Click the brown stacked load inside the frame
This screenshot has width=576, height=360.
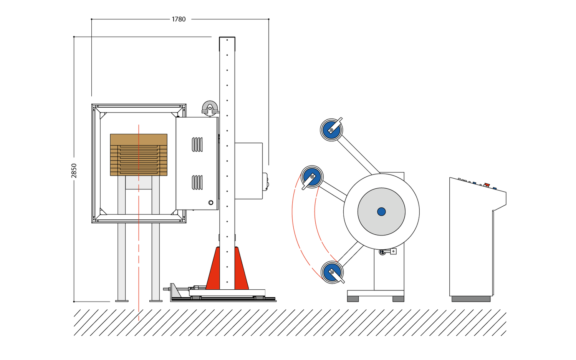click(x=139, y=154)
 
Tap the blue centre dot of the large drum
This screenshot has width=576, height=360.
click(x=381, y=212)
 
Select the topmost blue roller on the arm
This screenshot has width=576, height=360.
click(x=331, y=130)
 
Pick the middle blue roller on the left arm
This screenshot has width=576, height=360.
click(x=312, y=177)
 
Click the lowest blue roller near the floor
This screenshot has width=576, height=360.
click(x=332, y=272)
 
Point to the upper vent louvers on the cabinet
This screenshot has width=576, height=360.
click(x=197, y=144)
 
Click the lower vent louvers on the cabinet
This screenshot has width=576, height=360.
click(x=197, y=182)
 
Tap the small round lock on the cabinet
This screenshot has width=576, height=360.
click(x=211, y=202)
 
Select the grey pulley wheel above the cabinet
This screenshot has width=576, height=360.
click(x=210, y=108)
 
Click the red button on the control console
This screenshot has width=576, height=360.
click(x=487, y=185)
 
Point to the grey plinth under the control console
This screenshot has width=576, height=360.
click(x=471, y=299)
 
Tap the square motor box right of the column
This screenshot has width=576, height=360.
click(x=248, y=171)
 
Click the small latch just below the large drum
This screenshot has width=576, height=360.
click(x=387, y=252)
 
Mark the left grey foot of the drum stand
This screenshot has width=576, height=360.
click(x=353, y=299)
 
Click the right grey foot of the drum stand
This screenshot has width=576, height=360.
click(x=398, y=299)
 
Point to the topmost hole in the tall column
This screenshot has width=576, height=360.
click(x=227, y=40)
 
